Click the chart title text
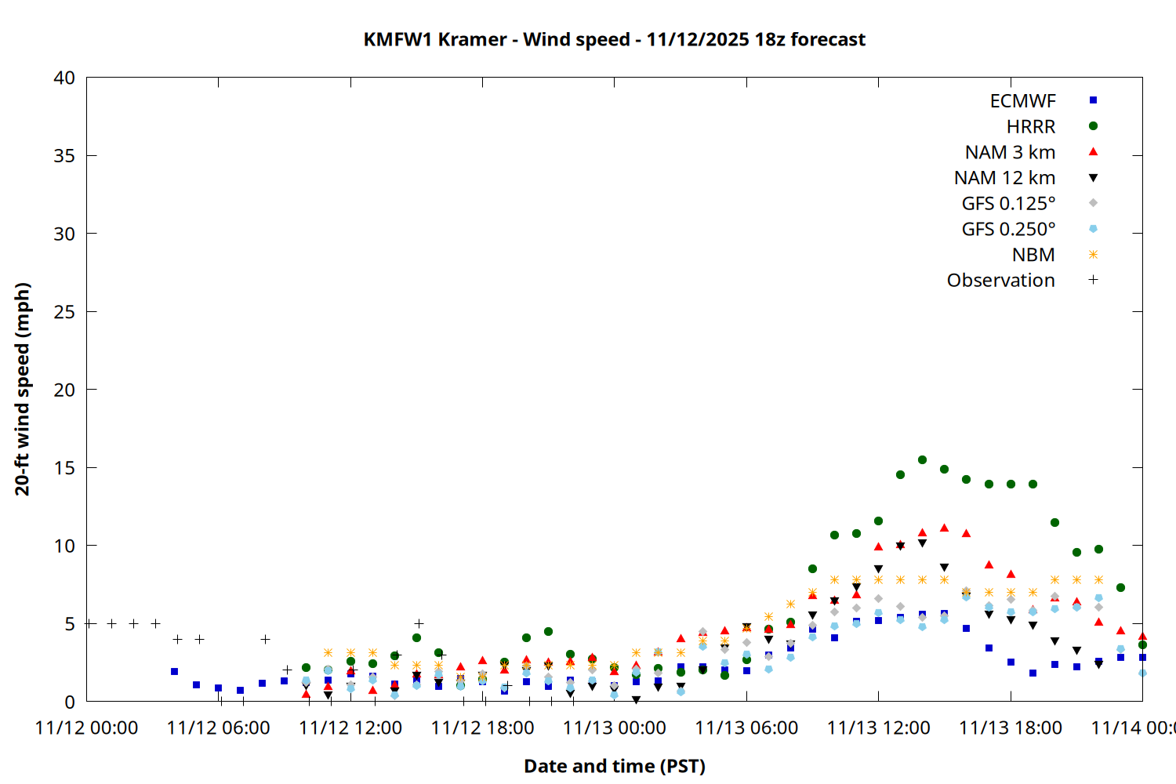pyautogui.click(x=614, y=39)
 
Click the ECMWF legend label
pyautogui.click(x=1022, y=101)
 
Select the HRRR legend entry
pyautogui.click(x=1031, y=127)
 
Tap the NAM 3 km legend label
pyautogui.click(x=1010, y=152)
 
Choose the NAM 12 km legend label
pyautogui.click(x=1004, y=178)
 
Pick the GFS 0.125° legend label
pyautogui.click(x=1008, y=204)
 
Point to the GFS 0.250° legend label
pyautogui.click(x=1008, y=229)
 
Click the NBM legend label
pyautogui.click(x=1033, y=255)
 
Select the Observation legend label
pyautogui.click(x=1000, y=281)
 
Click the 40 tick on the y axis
pyautogui.click(x=64, y=78)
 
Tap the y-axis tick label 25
pyautogui.click(x=64, y=312)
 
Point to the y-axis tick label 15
pyautogui.click(x=64, y=468)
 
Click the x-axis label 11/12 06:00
pyautogui.click(x=219, y=728)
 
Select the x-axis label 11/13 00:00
pyautogui.click(x=615, y=728)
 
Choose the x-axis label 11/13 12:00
pyautogui.click(x=879, y=728)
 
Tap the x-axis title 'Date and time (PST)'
pyautogui.click(x=615, y=766)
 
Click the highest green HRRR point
pyautogui.click(x=922, y=460)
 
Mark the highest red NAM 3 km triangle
pyautogui.click(x=944, y=528)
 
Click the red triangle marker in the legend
pyautogui.click(x=1093, y=152)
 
